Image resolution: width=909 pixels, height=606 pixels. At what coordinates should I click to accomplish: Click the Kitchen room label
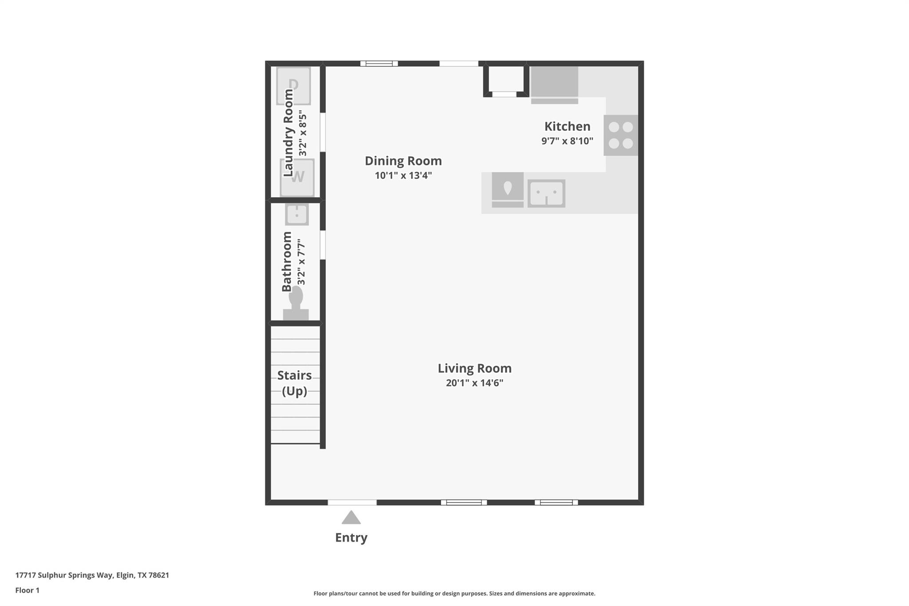point(567,127)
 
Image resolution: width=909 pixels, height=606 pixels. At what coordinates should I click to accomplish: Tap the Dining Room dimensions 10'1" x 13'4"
point(403,175)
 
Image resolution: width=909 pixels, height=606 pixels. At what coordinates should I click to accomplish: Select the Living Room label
point(474,368)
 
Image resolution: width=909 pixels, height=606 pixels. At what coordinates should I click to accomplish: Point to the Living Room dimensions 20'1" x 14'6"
point(474,383)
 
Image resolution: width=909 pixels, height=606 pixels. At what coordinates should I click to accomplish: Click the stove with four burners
point(620,135)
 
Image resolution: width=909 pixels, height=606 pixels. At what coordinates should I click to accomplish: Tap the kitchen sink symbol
point(546,193)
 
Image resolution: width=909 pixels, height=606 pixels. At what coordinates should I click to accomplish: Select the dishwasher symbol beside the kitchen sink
point(507,190)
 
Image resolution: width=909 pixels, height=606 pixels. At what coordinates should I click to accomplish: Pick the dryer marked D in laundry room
point(293,85)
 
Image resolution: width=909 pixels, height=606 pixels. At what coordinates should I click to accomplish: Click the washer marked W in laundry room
point(297,178)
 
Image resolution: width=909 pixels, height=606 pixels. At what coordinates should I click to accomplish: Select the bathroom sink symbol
point(296,214)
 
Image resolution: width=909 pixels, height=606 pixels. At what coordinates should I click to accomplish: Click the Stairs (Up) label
point(294,383)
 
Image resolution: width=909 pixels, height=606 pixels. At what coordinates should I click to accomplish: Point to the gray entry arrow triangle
point(351,518)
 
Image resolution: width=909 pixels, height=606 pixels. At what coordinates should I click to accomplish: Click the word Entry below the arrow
point(351,538)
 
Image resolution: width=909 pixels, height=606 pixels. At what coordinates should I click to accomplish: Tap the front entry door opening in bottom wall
point(352,503)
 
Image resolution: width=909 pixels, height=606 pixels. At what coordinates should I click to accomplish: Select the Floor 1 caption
point(28,590)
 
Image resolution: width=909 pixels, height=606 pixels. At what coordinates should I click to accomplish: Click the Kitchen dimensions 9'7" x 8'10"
point(567,141)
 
